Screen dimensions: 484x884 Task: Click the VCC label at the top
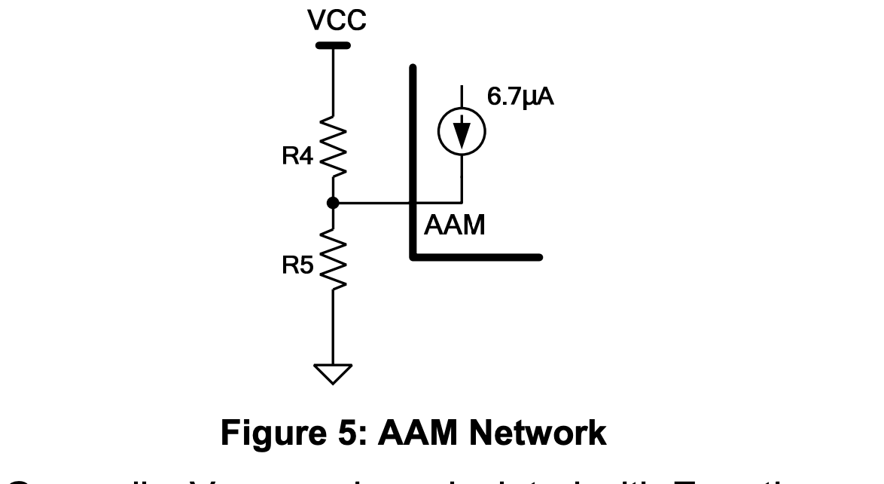pos(337,21)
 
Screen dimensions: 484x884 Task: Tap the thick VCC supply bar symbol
pos(333,46)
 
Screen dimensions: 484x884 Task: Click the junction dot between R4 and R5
pos(333,203)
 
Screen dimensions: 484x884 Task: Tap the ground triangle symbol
pos(333,372)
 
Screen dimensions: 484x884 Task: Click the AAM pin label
pos(455,225)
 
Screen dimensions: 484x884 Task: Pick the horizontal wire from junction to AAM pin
pos(376,203)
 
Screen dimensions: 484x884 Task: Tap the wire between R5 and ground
pos(333,328)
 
